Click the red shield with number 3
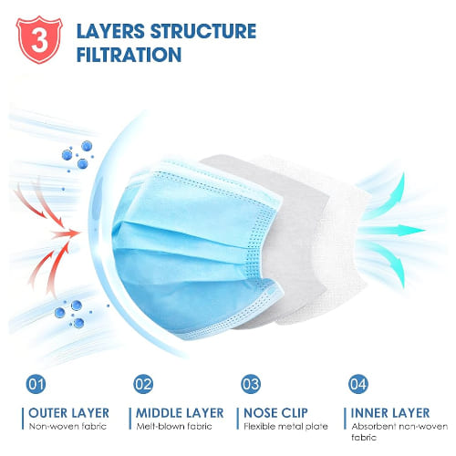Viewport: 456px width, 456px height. pos(39,39)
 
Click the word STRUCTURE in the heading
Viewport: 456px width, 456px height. pos(203,31)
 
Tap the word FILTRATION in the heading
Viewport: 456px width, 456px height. pos(129,55)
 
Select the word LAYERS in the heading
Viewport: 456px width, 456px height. pos(110,31)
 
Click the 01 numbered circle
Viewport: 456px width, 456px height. pos(36,384)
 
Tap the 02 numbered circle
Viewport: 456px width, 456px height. pos(143,384)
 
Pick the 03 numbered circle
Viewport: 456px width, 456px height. pos(251,384)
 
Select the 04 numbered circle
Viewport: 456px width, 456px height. pos(358,384)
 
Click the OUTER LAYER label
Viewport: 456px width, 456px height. pos(68,413)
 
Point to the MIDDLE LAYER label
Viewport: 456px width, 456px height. pos(180,413)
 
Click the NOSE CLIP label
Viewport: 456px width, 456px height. pos(275,413)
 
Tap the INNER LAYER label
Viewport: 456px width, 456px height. pos(390,413)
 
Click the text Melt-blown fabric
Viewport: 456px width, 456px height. pos(174,426)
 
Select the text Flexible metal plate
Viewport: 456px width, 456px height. pos(285,426)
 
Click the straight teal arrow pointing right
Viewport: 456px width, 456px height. pos(392,230)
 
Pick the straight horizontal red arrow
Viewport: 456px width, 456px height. pos(65,233)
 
